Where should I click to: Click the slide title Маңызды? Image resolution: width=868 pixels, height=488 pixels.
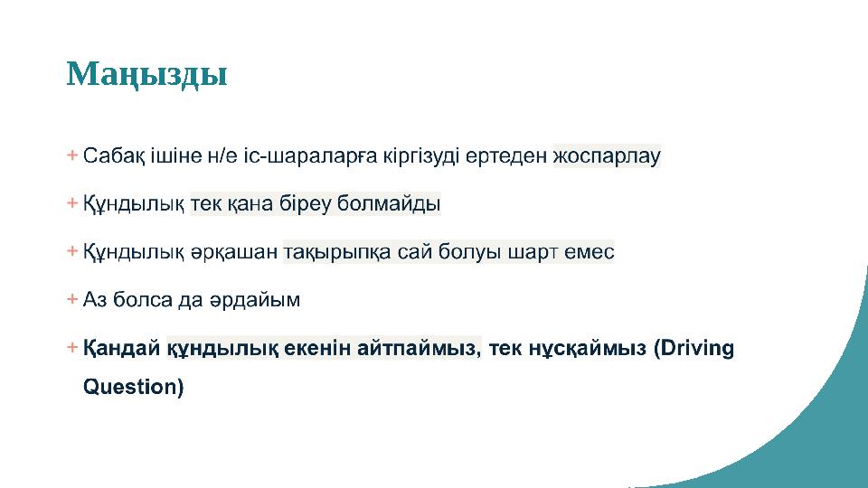146,74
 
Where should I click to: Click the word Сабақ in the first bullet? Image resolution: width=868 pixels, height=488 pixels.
109,156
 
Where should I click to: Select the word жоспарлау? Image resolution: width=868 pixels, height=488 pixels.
607,156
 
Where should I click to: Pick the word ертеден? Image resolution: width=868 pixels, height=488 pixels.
511,156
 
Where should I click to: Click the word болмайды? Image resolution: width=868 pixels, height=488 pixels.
390,204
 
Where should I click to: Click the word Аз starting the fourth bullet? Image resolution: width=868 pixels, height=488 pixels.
94,300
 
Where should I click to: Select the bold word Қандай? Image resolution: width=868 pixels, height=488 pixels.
122,348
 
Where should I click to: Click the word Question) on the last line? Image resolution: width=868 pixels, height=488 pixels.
133,388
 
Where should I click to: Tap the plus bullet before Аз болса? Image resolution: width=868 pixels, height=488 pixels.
71,298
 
